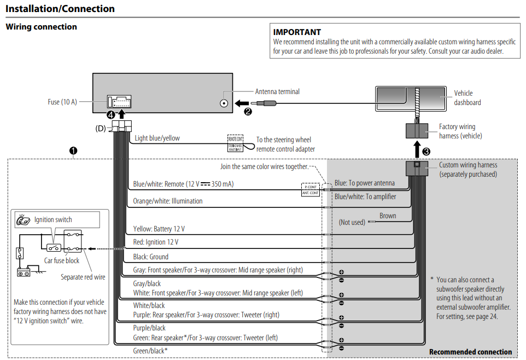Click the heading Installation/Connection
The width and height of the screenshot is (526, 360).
point(60,9)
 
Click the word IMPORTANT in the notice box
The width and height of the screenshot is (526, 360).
point(297,32)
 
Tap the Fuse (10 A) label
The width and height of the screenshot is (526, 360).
point(62,102)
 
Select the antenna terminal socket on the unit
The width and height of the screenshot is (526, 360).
point(224,102)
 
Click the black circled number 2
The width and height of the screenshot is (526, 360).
point(248,111)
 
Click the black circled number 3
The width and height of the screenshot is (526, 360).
point(426,152)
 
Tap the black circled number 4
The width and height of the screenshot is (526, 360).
point(111,115)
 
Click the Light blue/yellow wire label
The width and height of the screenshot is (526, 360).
point(157,138)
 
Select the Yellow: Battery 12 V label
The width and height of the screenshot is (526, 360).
point(159,229)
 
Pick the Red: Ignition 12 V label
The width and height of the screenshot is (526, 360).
point(155,242)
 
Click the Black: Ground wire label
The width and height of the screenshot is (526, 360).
point(150,257)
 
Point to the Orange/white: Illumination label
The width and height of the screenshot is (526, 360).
point(167,201)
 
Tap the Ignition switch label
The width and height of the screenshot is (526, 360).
point(53,219)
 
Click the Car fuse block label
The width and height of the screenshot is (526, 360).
point(62,260)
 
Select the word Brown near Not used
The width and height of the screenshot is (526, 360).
point(388,216)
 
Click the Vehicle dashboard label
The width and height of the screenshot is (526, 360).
point(467,97)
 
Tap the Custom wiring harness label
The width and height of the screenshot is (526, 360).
point(468,169)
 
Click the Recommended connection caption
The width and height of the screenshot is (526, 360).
point(470,352)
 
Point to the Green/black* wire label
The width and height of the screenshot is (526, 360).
point(150,350)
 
